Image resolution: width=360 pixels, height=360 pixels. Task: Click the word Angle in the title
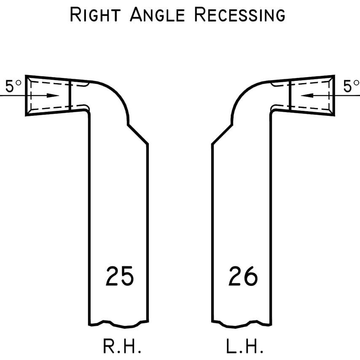pos(157,15)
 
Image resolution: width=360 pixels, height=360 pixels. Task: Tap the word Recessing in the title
pos(239,15)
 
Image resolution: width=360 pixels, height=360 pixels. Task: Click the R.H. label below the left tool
pos(121,347)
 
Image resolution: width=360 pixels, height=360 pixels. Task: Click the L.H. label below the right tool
pos(245,347)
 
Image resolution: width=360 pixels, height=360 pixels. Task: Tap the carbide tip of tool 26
pos(312,96)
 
